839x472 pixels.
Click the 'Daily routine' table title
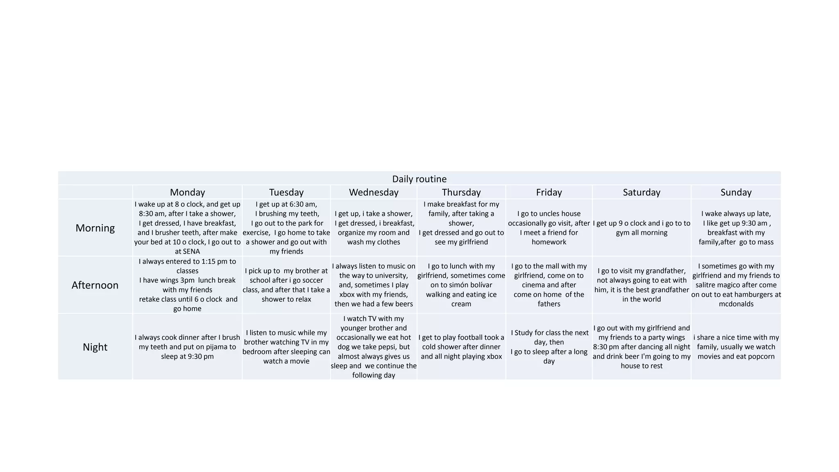[419, 179]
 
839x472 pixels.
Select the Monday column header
[187, 192]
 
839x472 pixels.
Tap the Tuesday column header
[286, 192]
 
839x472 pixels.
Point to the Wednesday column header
[373, 192]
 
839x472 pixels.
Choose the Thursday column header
[461, 192]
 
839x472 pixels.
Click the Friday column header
[549, 192]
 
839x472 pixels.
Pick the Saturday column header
[641, 192]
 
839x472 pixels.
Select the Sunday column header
[736, 192]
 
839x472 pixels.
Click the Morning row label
[95, 228]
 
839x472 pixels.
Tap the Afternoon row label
[95, 285]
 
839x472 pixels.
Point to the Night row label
[95, 347]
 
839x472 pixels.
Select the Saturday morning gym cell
[641, 228]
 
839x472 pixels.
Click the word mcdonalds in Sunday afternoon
[736, 304]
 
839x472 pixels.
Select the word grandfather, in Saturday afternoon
[660, 271]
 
